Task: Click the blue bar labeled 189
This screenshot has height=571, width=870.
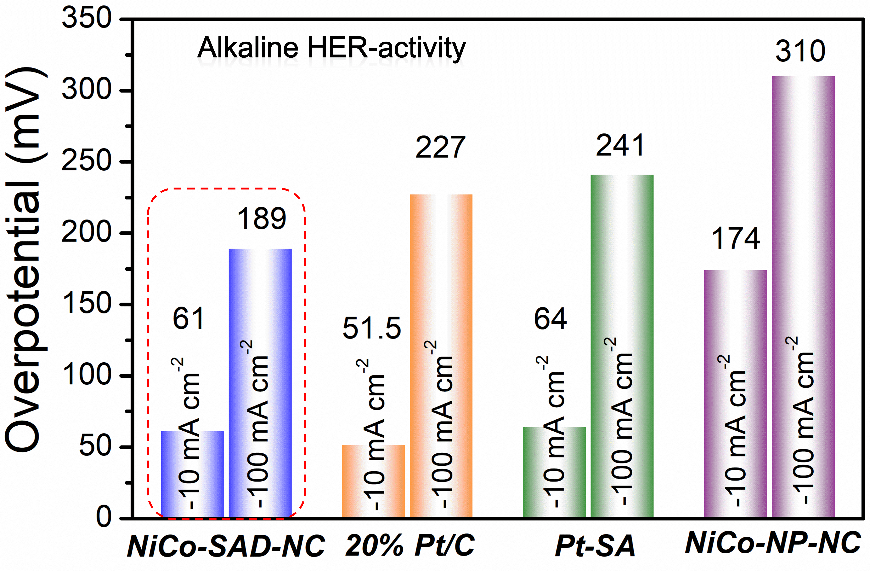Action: pyautogui.click(x=260, y=382)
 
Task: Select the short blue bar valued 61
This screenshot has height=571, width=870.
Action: pyautogui.click(x=192, y=474)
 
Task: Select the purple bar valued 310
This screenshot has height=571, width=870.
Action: pyautogui.click(x=803, y=296)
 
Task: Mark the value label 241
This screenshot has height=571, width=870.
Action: pyautogui.click(x=620, y=146)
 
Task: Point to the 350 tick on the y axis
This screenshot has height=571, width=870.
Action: pyautogui.click(x=87, y=18)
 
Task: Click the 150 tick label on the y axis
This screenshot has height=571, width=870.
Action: pyautogui.click(x=87, y=304)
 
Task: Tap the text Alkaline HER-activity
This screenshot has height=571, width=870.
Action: pyautogui.click(x=331, y=48)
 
